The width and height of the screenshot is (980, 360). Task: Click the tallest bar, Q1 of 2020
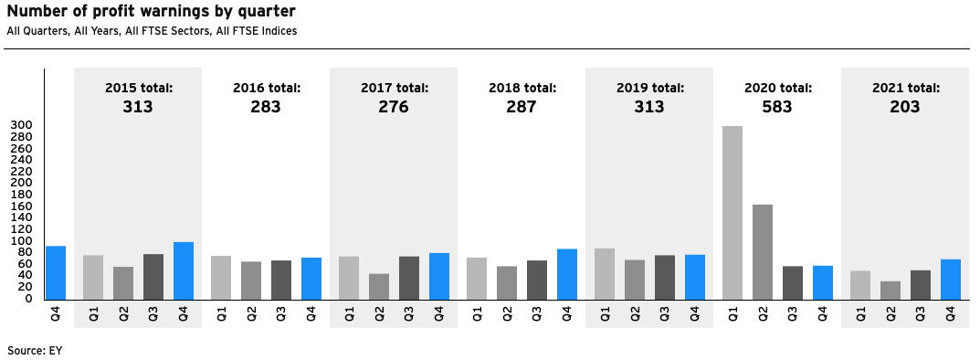tap(732, 212)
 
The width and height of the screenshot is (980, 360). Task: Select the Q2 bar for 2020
tap(762, 251)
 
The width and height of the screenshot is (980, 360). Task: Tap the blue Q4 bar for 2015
tap(184, 270)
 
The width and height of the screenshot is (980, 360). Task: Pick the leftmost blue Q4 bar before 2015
tap(56, 272)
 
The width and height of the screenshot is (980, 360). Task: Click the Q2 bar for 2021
tap(890, 290)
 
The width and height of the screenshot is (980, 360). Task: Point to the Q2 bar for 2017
tap(378, 286)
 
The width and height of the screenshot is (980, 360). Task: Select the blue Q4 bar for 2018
tap(567, 274)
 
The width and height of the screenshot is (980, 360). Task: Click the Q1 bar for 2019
tap(604, 273)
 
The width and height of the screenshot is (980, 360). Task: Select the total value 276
tap(394, 107)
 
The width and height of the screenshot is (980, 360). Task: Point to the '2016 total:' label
tap(266, 88)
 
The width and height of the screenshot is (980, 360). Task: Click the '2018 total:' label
tap(522, 88)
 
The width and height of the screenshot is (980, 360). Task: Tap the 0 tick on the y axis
tap(28, 299)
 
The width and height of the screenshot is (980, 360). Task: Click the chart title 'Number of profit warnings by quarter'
tap(151, 12)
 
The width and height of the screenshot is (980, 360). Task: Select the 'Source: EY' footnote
tap(35, 350)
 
